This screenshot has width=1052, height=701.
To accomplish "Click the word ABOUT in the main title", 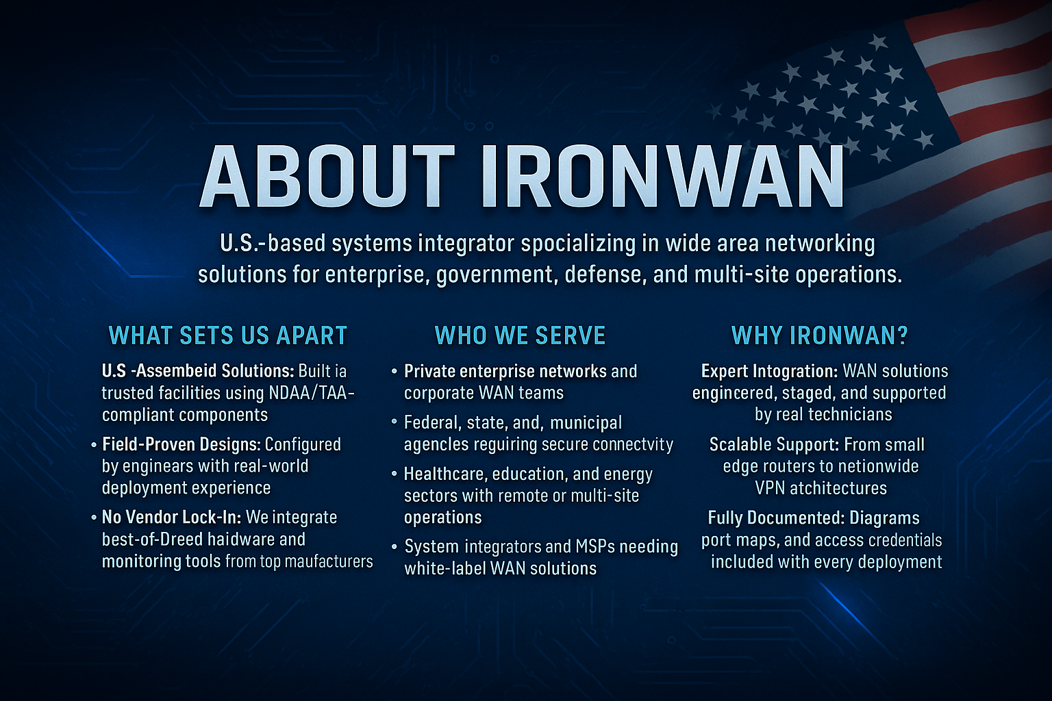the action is point(327,176).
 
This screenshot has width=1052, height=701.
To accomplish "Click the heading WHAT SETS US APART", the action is point(228,335).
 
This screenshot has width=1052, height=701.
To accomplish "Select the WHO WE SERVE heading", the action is point(521,335).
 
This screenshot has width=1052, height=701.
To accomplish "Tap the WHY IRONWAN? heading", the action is point(820,335).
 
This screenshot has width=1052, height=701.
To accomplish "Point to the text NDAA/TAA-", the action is point(312,393).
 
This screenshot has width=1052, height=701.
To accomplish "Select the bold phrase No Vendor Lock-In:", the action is point(171,518).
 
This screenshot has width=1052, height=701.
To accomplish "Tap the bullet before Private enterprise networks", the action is point(394,372).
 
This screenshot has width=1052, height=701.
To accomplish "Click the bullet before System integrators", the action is point(394,547).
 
